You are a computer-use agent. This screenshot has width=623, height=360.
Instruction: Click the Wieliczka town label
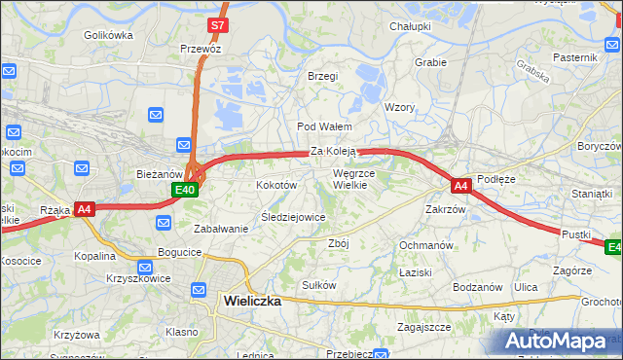pyautogui.click(x=251, y=302)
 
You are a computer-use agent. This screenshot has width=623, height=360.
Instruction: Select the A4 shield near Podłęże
pyautogui.click(x=461, y=184)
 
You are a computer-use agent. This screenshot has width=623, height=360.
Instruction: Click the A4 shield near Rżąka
pyautogui.click(x=84, y=208)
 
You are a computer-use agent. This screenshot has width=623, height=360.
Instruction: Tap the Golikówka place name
pyautogui.click(x=108, y=35)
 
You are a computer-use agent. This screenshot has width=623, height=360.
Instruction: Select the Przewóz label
pyautogui.click(x=201, y=48)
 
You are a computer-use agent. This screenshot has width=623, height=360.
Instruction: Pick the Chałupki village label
pyautogui.click(x=409, y=26)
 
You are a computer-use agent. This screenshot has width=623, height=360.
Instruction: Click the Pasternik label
pyautogui.click(x=574, y=57)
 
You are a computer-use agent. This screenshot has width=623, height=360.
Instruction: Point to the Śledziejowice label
pyautogui.click(x=293, y=217)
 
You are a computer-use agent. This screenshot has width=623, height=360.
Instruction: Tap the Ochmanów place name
pyautogui.click(x=426, y=244)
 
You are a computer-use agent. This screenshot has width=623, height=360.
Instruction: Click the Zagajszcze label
pyautogui.click(x=423, y=328)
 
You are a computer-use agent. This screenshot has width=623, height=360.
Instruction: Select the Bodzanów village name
pyautogui.click(x=477, y=287)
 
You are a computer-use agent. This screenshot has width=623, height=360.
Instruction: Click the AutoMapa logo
pyautogui.click(x=557, y=342)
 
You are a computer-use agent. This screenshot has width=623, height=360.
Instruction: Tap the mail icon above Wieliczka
pyautogui.click(x=199, y=289)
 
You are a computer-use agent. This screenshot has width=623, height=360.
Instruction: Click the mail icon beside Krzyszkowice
pyautogui.click(x=144, y=266)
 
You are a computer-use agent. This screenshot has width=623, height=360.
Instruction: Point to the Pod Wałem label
pyautogui.click(x=323, y=127)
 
